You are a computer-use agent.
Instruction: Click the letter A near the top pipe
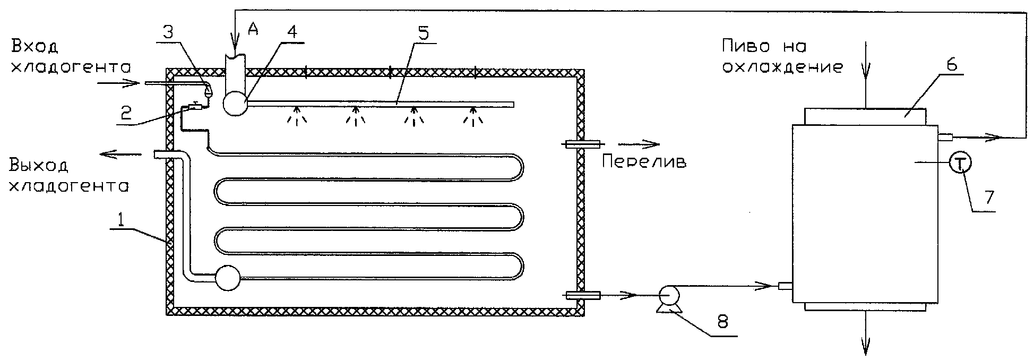pyautogui.click(x=253, y=31)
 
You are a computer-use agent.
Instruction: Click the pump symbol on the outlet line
pyautogui.click(x=666, y=297)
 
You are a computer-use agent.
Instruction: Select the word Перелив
pyautogui.click(x=644, y=162)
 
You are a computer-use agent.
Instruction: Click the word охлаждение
pyautogui.click(x=783, y=67)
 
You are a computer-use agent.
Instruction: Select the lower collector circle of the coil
pyautogui.click(x=227, y=277)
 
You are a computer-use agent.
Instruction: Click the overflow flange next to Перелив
pyautogui.click(x=582, y=144)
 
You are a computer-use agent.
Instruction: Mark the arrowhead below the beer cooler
pyautogui.click(x=866, y=347)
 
